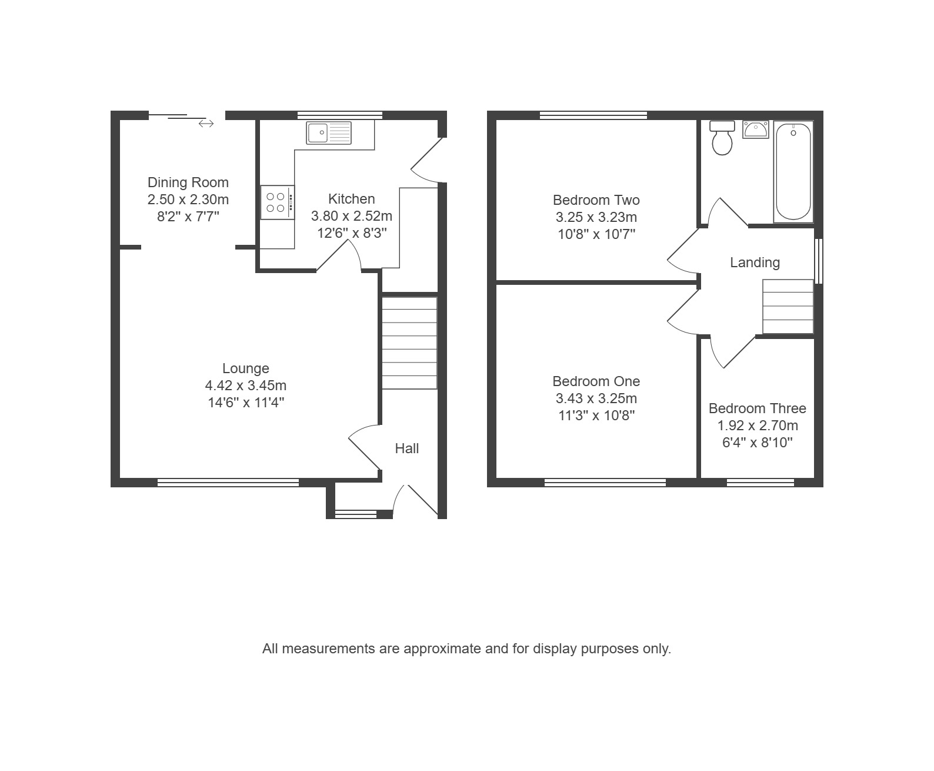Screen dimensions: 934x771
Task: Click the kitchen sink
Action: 329,132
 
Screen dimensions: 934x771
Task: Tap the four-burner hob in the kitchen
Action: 278,202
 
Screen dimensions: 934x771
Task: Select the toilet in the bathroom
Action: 722,138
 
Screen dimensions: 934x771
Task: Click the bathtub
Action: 793,171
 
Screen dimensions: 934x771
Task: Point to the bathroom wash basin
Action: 756,129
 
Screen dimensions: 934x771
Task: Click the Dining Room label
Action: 188,182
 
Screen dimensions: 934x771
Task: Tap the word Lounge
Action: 246,368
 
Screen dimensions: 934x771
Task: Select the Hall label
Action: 406,448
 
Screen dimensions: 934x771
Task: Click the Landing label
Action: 755,262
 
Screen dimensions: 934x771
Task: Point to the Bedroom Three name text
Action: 758,408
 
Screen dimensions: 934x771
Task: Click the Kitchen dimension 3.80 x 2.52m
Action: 352,216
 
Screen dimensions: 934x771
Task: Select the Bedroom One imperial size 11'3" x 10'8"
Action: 596,416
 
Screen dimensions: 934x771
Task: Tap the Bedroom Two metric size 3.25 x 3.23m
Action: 596,217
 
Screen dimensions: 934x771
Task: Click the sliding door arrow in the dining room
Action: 206,124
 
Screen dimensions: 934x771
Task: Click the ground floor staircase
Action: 409,343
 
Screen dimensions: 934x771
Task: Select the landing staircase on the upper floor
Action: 788,307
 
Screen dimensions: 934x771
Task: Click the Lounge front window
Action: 228,482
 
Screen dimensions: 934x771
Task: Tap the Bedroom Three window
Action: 760,482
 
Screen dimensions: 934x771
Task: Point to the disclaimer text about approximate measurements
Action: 466,649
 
